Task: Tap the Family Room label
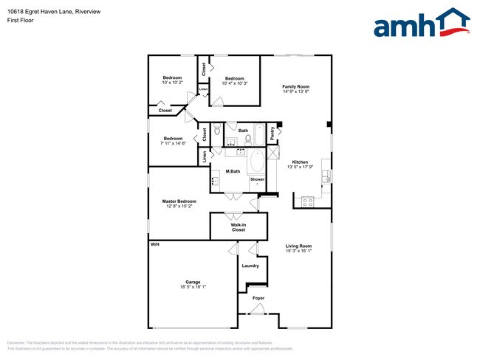coord(295,87)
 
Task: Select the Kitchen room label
coord(300,162)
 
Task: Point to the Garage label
coord(193,282)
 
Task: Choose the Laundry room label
coord(250,266)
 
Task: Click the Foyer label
coord(258,298)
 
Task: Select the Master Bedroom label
coord(179,201)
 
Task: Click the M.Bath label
coord(233,171)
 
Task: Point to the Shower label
coord(257,179)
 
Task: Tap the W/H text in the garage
coord(155,244)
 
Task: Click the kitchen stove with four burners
coord(308,200)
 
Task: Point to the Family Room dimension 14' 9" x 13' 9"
coord(295,92)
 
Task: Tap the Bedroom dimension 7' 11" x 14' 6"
coord(174,144)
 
